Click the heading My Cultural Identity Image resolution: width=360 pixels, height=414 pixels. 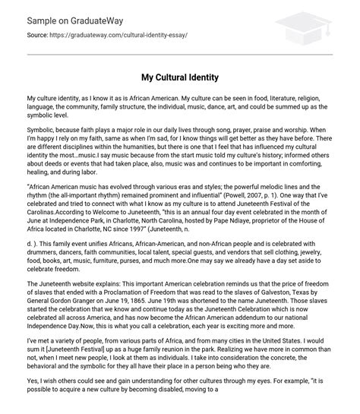pyautogui.click(x=179, y=77)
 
